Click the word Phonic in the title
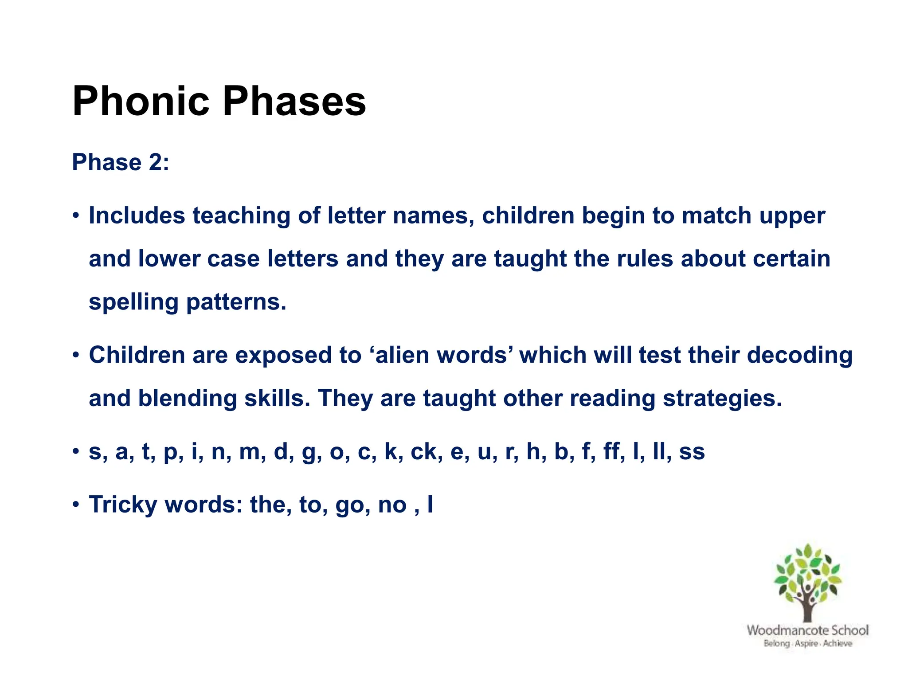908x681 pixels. tap(141, 102)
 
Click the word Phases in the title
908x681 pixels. tap(294, 102)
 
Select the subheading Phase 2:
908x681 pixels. tap(120, 162)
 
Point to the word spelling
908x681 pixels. tap(133, 303)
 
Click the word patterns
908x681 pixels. tap(236, 303)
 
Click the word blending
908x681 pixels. tap(187, 399)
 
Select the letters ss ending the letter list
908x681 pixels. tap(692, 452)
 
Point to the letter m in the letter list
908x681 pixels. tap(249, 452)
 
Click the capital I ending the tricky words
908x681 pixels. tap(430, 505)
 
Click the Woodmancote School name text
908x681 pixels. tap(807, 630)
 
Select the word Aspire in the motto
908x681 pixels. tap(806, 643)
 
